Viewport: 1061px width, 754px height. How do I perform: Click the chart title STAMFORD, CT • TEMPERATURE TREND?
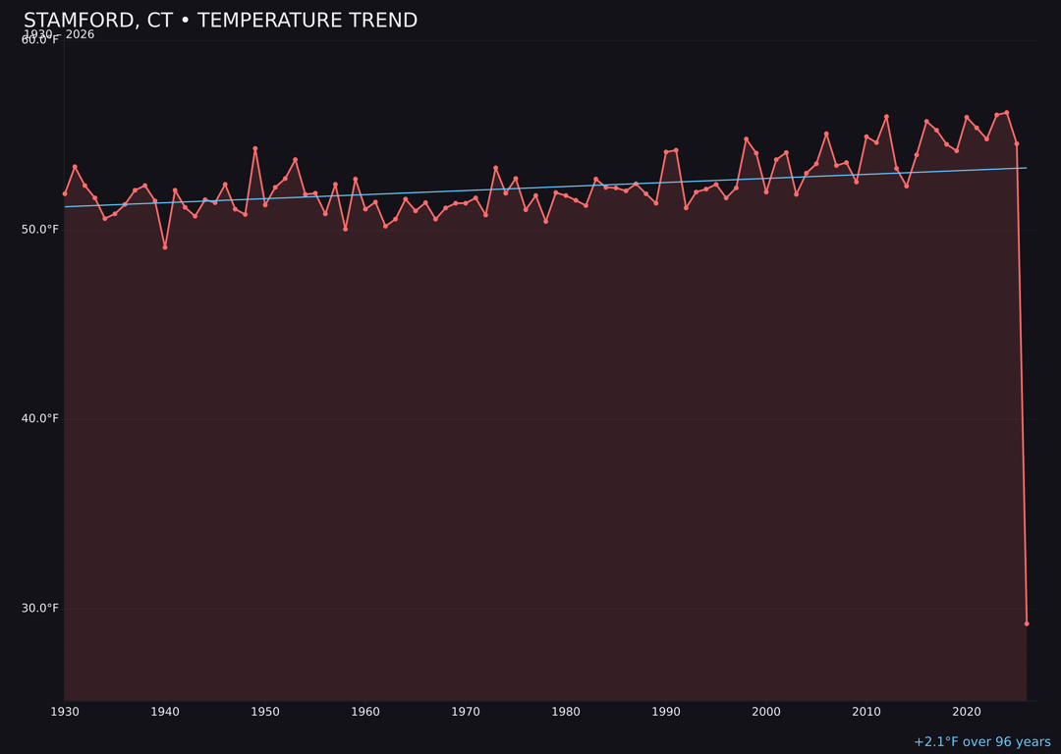(x=220, y=21)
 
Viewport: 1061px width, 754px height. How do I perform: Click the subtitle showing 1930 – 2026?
(x=59, y=34)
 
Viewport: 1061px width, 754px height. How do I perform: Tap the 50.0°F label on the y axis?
(x=40, y=230)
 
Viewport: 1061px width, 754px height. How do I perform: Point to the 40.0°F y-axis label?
(x=40, y=418)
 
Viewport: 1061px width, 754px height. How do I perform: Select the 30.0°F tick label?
(x=40, y=608)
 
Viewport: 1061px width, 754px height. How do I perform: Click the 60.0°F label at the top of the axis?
(x=40, y=40)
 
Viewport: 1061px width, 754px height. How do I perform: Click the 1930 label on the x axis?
(x=64, y=712)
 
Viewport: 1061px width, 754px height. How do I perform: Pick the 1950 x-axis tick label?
(x=264, y=712)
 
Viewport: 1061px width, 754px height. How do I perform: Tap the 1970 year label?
(x=465, y=712)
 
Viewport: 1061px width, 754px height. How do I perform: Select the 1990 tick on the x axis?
(x=665, y=712)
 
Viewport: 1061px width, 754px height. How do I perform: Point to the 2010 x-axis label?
(x=866, y=712)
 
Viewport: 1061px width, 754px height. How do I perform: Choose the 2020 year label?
(x=966, y=712)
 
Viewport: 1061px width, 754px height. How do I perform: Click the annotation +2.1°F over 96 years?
(x=981, y=742)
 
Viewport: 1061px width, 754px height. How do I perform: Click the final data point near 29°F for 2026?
(x=1027, y=623)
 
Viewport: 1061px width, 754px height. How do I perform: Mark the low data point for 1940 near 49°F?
(x=165, y=247)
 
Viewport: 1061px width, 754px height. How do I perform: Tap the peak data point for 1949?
(x=254, y=148)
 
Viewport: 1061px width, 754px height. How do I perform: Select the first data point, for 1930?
(x=65, y=193)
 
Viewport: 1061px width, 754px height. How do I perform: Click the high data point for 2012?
(x=886, y=117)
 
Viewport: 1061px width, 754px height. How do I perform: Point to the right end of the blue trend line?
(x=1027, y=168)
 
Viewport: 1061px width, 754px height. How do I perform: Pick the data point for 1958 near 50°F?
(x=345, y=229)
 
